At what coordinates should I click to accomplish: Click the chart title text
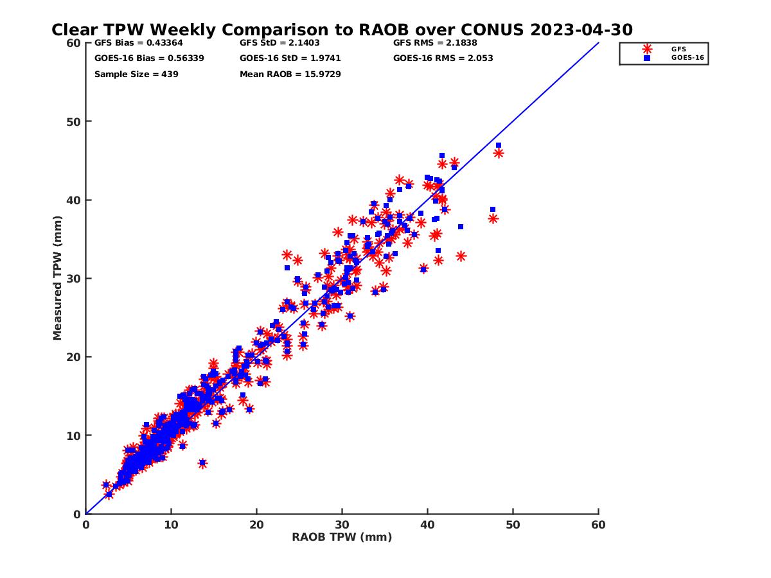[342, 30]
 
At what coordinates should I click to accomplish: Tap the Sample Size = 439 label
[136, 74]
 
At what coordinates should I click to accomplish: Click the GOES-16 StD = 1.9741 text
[290, 58]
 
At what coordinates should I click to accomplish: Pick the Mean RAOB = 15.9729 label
[290, 74]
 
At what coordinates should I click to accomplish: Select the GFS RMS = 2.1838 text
[435, 43]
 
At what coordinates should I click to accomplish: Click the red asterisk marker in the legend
[647, 49]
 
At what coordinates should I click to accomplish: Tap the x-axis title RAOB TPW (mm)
[342, 538]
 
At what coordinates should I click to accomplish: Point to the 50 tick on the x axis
[513, 525]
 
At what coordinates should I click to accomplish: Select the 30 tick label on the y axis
[74, 279]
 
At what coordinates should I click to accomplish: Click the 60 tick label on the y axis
[74, 43]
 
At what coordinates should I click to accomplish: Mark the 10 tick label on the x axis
[171, 525]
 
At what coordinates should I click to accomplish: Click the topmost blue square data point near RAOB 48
[499, 145]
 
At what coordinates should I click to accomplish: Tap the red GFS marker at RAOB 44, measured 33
[461, 256]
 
